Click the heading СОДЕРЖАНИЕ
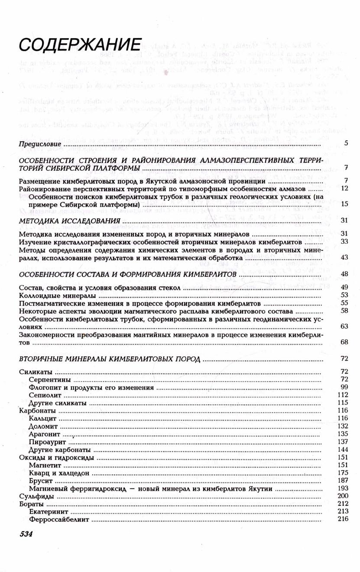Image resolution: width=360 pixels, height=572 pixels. (x=81, y=45)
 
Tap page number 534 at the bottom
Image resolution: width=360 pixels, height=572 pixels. (x=26, y=534)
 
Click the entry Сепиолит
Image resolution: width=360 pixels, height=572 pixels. (x=43, y=394)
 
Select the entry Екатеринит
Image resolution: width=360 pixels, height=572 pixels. (x=48, y=511)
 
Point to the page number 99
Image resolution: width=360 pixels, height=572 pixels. (x=344, y=387)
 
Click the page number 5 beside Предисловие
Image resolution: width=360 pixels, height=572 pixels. (x=346, y=143)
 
